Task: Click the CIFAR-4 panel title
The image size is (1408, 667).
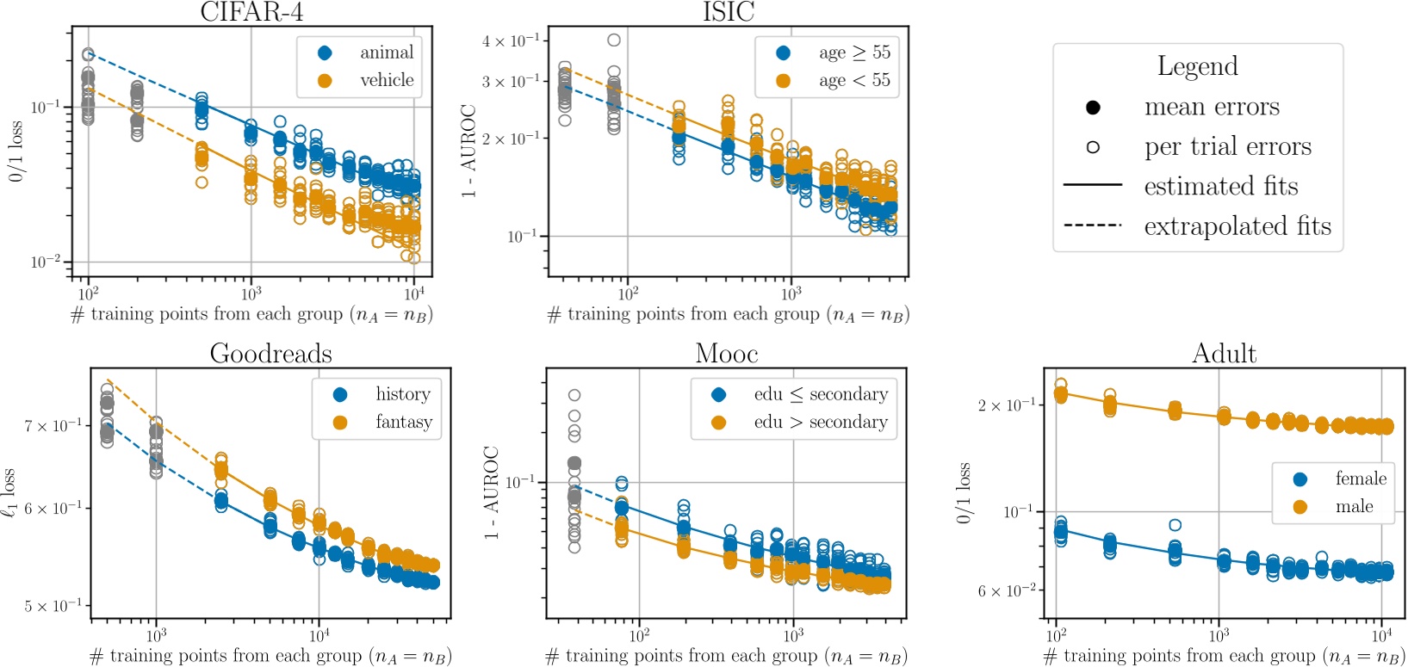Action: (x=251, y=12)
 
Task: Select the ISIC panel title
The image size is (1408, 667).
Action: (x=729, y=12)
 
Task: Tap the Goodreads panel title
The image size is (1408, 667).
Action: (x=270, y=354)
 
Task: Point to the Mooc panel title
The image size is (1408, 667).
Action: (x=726, y=354)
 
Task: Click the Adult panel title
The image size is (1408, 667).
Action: (x=1224, y=354)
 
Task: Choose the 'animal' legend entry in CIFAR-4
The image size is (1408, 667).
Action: (x=386, y=52)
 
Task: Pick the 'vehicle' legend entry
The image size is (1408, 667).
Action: (x=386, y=80)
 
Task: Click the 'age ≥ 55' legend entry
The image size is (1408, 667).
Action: (x=853, y=52)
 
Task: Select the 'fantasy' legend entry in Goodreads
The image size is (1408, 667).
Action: (x=403, y=422)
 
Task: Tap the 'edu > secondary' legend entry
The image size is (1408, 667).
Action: (x=820, y=422)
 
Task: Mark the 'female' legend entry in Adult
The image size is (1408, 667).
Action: (x=1361, y=479)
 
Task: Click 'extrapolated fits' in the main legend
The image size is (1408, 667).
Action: (x=1237, y=226)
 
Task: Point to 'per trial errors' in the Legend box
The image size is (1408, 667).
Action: (x=1227, y=147)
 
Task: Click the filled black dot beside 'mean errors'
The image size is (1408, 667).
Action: (x=1093, y=108)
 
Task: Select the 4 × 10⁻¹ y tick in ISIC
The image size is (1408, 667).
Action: (x=511, y=40)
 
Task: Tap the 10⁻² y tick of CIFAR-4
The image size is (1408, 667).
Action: (x=45, y=262)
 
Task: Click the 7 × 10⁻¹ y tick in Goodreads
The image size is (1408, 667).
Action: (x=53, y=425)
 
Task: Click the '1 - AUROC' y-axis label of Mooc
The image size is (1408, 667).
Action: (x=491, y=492)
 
